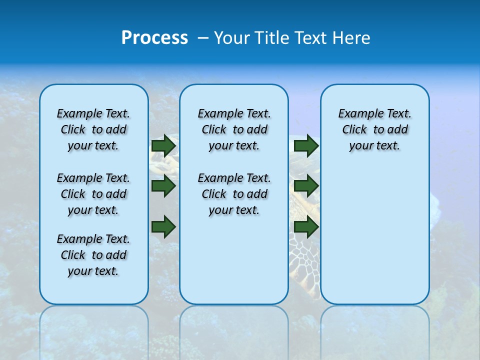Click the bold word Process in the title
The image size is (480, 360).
(154, 38)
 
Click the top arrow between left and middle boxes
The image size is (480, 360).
(163, 145)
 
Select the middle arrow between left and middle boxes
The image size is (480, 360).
(163, 186)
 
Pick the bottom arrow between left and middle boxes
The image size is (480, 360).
(163, 226)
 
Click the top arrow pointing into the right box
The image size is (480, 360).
(306, 145)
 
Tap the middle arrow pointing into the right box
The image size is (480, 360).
(306, 186)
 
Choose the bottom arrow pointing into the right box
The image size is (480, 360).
(306, 226)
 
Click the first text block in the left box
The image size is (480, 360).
(93, 129)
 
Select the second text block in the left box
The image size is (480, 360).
(93, 194)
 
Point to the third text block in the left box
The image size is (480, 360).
(93, 255)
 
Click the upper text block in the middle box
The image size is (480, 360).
(234, 129)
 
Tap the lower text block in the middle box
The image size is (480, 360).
(234, 194)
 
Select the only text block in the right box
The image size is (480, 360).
(374, 129)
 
